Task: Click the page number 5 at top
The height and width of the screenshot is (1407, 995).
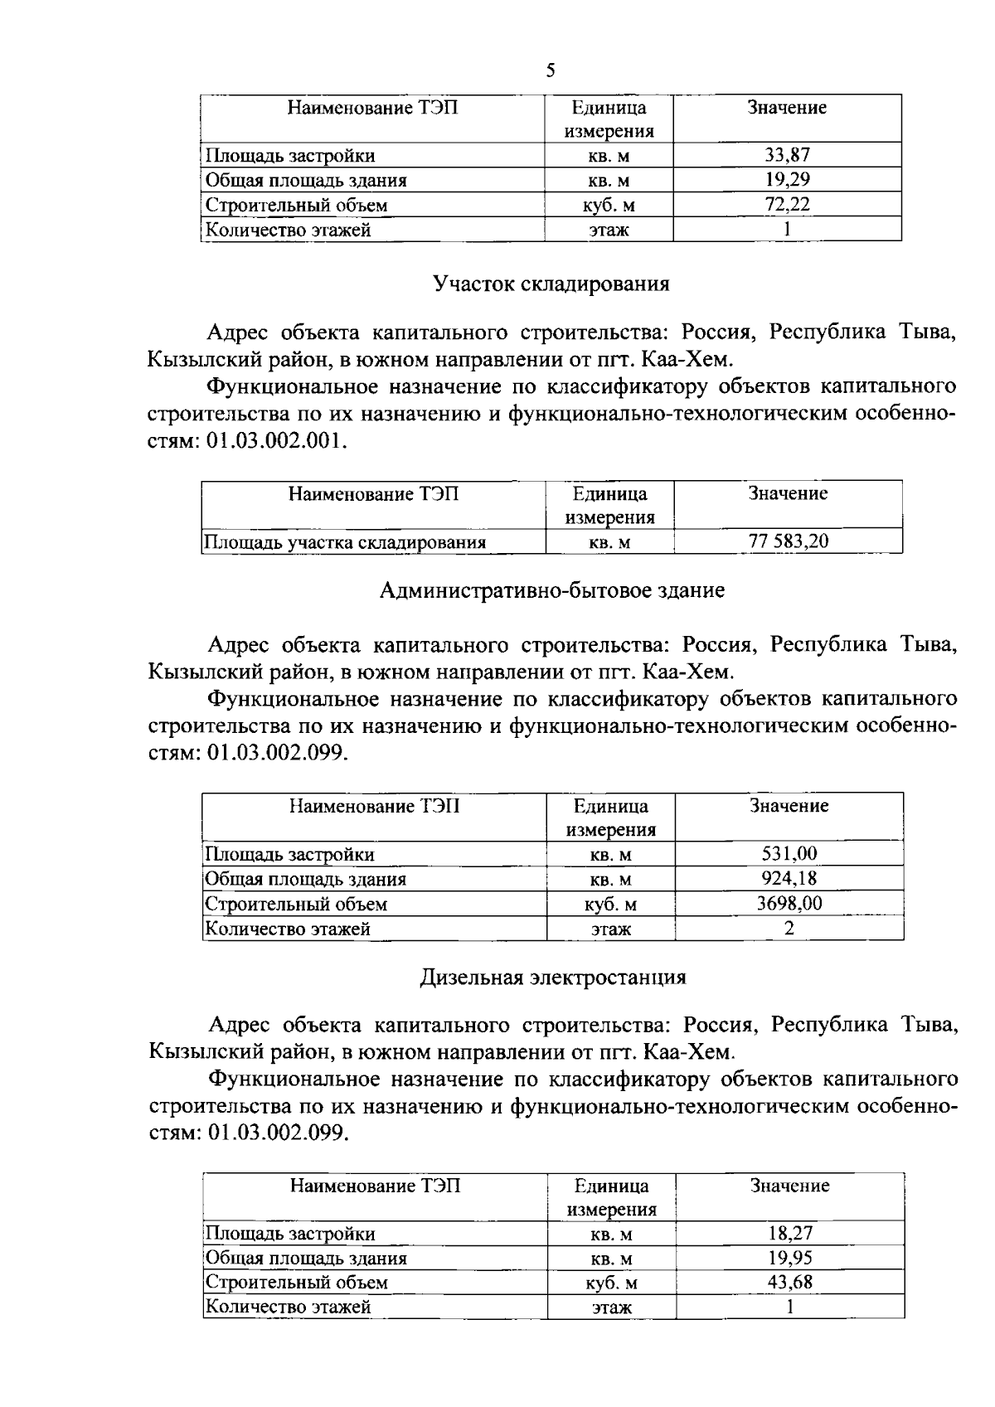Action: click(551, 70)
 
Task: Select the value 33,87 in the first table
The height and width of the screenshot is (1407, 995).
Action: click(787, 155)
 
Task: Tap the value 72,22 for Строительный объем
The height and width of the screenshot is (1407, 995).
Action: click(787, 204)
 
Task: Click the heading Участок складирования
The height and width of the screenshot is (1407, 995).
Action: click(551, 284)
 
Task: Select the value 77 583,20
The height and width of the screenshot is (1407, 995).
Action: click(788, 541)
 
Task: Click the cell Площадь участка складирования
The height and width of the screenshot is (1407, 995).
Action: click(345, 542)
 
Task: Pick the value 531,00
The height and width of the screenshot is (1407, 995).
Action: click(789, 854)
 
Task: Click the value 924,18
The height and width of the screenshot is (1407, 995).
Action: click(789, 878)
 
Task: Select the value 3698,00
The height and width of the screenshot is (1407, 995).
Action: click(789, 903)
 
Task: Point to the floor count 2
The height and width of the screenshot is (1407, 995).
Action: click(789, 928)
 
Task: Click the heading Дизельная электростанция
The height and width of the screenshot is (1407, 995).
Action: click(552, 977)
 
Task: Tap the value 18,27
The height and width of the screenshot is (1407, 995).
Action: click(789, 1233)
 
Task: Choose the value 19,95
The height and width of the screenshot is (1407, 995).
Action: click(789, 1258)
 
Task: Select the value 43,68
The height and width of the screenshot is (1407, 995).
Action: click(789, 1282)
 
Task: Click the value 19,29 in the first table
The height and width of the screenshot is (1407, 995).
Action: click(787, 179)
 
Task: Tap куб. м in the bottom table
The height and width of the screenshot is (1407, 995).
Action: click(611, 1283)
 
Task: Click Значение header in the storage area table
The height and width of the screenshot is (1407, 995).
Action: click(788, 493)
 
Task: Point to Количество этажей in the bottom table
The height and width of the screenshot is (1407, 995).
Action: click(289, 1307)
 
